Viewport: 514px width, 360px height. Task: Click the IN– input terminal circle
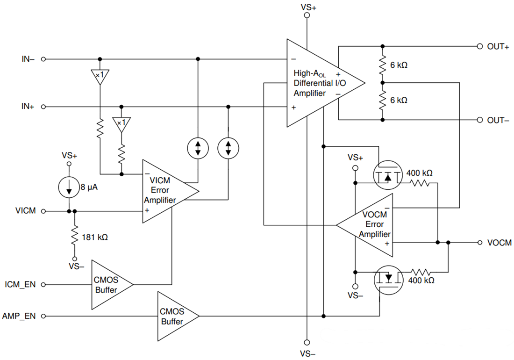tap(43, 59)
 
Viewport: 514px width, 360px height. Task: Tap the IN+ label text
tap(28, 107)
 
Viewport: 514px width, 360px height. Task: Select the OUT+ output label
tap(498, 46)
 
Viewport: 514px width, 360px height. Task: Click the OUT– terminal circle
tap(479, 120)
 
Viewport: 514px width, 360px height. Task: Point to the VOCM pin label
tap(499, 243)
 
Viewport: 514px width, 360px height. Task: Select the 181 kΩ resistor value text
tap(95, 237)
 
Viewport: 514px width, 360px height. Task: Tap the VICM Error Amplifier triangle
tap(166, 190)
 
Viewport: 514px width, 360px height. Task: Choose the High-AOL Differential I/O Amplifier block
tap(318, 83)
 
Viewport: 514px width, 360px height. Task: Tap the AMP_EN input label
tap(19, 317)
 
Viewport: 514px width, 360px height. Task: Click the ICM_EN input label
tap(20, 284)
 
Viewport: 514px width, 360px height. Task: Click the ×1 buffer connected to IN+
tap(121, 124)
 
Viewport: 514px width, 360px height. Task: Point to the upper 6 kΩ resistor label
tap(399, 65)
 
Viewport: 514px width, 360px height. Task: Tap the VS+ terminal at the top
tap(307, 15)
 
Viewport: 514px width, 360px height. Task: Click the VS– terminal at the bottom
tap(307, 342)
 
